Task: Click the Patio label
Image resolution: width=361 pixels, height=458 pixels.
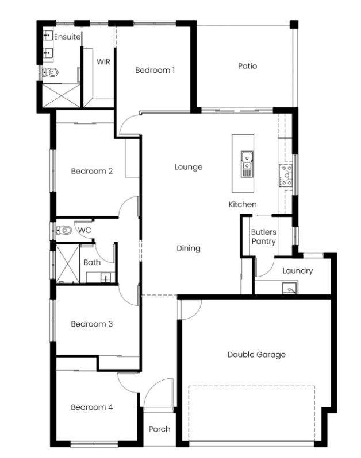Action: pyautogui.click(x=248, y=66)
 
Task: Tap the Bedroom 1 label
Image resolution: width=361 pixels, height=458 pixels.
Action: pyautogui.click(x=155, y=70)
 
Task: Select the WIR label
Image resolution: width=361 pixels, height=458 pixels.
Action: pyautogui.click(x=103, y=61)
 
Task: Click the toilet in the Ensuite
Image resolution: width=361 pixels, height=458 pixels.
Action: pyautogui.click(x=51, y=72)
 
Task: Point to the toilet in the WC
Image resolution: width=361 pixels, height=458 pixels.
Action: pyautogui.click(x=64, y=230)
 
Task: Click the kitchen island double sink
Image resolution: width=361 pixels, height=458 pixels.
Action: pyautogui.click(x=247, y=164)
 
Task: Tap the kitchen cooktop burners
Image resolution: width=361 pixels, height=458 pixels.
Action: pyautogui.click(x=285, y=176)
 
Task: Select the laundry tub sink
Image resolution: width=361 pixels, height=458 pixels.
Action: pyautogui.click(x=290, y=288)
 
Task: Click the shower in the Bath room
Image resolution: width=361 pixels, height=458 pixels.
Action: pyautogui.click(x=68, y=264)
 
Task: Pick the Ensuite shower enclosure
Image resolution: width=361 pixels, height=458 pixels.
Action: pyautogui.click(x=61, y=95)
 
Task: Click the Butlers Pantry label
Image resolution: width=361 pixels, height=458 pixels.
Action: pyautogui.click(x=264, y=237)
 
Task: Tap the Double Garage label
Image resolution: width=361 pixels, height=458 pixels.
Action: pyautogui.click(x=256, y=355)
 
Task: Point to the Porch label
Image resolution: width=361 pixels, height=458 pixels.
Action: pyautogui.click(x=159, y=429)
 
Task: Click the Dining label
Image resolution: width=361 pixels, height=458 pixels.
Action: pyautogui.click(x=189, y=249)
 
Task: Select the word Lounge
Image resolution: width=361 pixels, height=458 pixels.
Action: pyautogui.click(x=189, y=167)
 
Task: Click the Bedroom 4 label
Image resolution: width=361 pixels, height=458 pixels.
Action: pyautogui.click(x=92, y=407)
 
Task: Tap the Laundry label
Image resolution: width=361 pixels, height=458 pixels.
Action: pyautogui.click(x=298, y=271)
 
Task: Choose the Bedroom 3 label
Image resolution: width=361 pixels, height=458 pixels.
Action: pyautogui.click(x=92, y=324)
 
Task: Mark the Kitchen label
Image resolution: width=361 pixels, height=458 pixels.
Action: pyautogui.click(x=243, y=204)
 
